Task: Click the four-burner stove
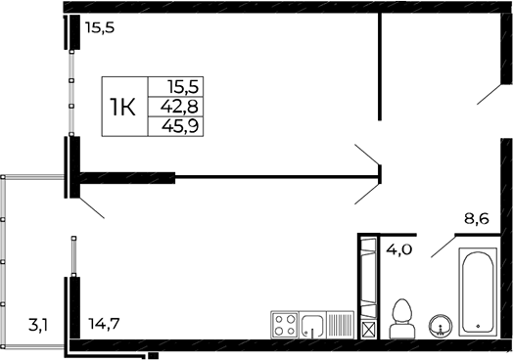pos(285,324)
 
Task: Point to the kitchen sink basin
pos(314,325)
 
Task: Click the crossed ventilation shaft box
pos(368,329)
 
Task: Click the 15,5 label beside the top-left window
pos(99,29)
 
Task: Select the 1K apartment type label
pos(122,106)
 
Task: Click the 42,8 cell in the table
pos(183,106)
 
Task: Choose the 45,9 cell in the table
pos(183,124)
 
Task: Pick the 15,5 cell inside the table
pos(183,88)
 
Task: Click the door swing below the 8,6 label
pos(442,245)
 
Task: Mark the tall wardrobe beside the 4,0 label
pos(368,277)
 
